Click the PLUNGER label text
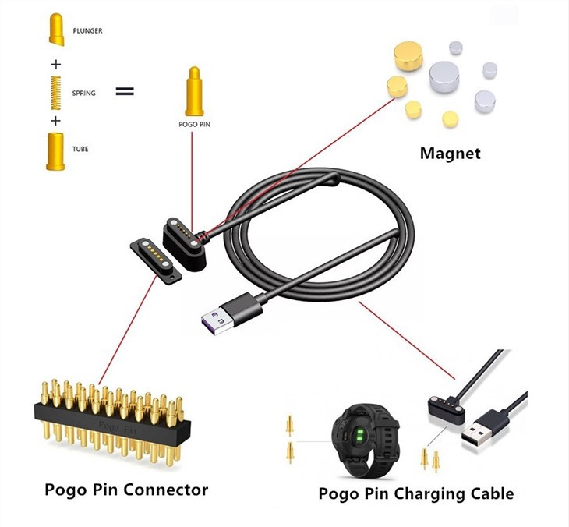87,31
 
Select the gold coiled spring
55,93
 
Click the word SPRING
83,94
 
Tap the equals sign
124,91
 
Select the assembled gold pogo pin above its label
194,90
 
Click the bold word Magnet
451,153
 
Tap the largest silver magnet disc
446,76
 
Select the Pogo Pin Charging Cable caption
416,493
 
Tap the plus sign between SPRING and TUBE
55,121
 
